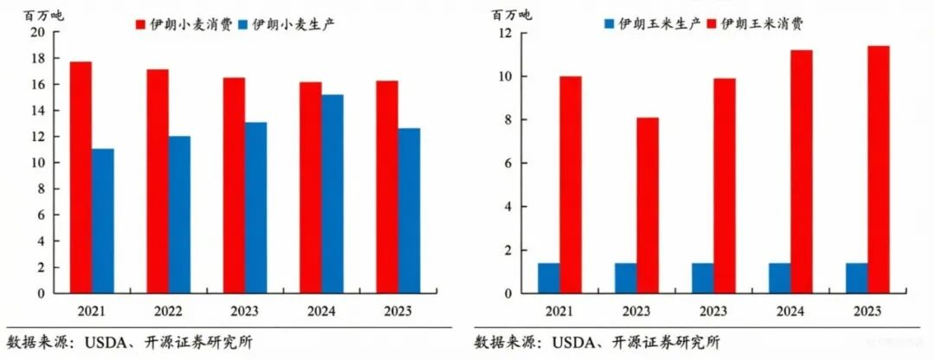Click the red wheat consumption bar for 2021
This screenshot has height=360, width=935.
81,177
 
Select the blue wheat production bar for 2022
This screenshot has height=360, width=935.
179,215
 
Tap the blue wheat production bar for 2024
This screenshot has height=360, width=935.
332,194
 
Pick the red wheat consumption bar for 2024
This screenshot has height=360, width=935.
310,188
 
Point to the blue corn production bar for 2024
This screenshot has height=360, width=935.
778,278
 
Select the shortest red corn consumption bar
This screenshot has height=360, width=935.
647,205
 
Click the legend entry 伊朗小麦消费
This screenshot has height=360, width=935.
183,24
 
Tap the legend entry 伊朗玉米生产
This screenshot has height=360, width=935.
652,24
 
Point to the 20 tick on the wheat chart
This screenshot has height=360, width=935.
37,33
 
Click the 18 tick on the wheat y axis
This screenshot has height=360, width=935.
37,59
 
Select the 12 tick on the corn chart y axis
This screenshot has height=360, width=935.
505,33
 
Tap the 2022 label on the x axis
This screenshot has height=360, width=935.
168,311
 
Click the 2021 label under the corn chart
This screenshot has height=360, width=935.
559,311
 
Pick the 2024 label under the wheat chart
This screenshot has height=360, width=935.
321,311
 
